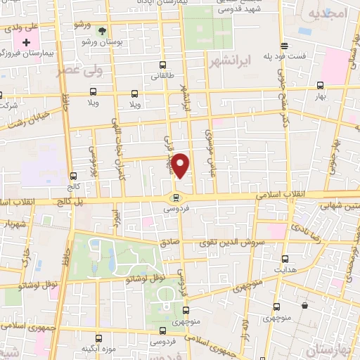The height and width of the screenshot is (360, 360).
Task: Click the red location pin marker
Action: (x=181, y=165)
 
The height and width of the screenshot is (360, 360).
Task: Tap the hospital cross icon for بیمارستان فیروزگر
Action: (x=27, y=43)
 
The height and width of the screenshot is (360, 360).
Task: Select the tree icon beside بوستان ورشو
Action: (x=103, y=31)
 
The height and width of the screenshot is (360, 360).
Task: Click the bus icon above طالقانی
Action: (x=163, y=65)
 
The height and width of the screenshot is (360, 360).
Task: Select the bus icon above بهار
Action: (x=321, y=85)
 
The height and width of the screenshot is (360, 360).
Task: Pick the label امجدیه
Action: (x=327, y=15)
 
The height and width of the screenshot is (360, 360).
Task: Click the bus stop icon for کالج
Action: (x=73, y=176)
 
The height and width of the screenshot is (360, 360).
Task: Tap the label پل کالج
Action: (x=66, y=202)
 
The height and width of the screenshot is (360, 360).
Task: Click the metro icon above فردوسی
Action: (x=176, y=198)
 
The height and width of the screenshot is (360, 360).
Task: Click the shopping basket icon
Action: (x=304, y=306)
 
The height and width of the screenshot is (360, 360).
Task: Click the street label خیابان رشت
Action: (x=29, y=120)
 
